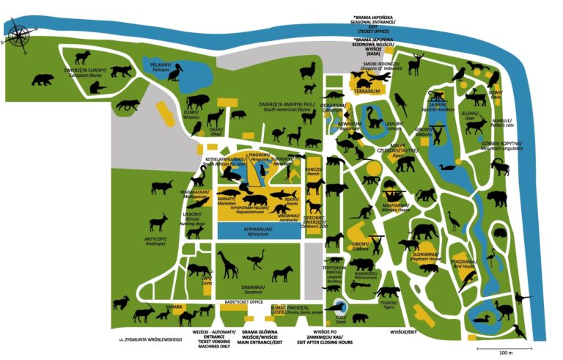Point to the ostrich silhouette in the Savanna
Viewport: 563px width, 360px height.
point(255,264)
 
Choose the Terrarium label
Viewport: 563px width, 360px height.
point(367,92)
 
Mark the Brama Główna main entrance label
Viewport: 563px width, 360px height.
point(261,335)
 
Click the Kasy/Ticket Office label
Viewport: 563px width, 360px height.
point(243,302)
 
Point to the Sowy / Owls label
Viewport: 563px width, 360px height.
point(496,95)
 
